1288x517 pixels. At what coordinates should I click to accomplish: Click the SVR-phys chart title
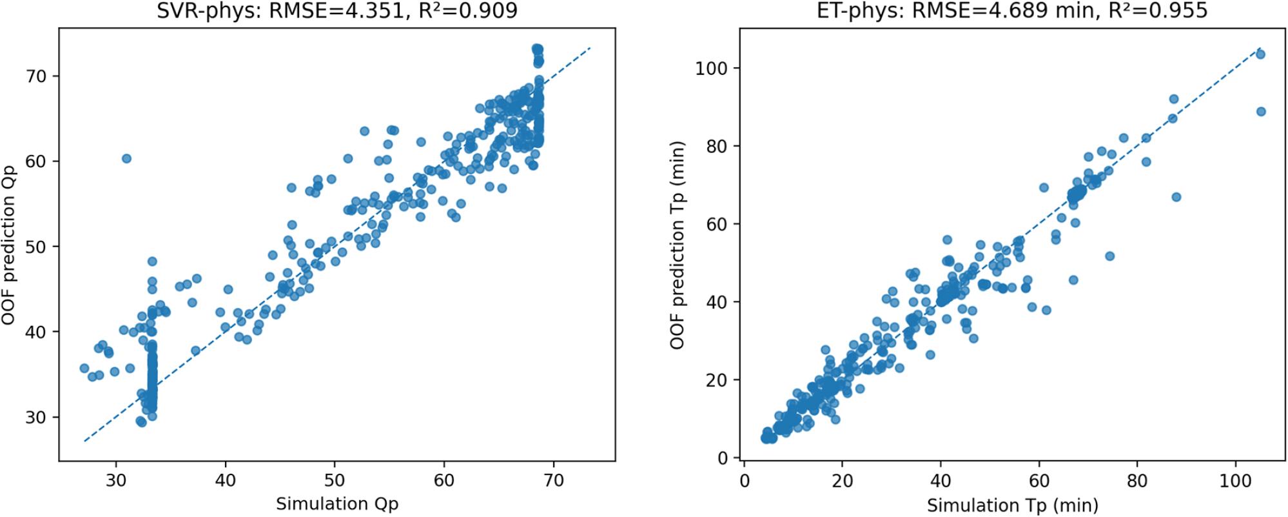[337, 10]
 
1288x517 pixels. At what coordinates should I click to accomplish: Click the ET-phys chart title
[1012, 10]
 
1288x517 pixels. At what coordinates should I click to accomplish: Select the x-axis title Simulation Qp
[337, 503]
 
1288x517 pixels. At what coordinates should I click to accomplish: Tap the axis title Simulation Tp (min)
[1012, 505]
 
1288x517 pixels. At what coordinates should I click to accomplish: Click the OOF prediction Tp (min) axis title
[678, 245]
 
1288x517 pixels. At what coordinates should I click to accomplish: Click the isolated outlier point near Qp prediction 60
[126, 158]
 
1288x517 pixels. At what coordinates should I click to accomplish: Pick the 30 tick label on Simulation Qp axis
[117, 481]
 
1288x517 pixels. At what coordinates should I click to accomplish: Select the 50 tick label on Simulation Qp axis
[335, 481]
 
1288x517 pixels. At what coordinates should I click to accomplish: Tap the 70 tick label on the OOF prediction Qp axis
[36, 76]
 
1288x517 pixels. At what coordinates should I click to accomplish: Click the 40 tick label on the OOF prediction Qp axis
[36, 332]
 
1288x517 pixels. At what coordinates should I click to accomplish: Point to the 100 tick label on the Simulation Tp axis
[1236, 482]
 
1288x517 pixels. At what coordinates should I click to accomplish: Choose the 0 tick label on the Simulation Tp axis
[745, 482]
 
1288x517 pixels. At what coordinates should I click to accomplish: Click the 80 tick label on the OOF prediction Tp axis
[717, 147]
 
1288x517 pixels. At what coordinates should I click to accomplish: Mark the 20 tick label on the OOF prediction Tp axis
[717, 380]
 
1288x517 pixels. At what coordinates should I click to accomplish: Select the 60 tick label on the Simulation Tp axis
[1039, 482]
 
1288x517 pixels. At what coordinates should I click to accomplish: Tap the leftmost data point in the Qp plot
[84, 369]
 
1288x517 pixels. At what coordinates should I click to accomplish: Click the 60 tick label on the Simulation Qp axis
[444, 481]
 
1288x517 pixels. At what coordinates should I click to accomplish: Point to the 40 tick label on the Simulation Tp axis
[941, 482]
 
